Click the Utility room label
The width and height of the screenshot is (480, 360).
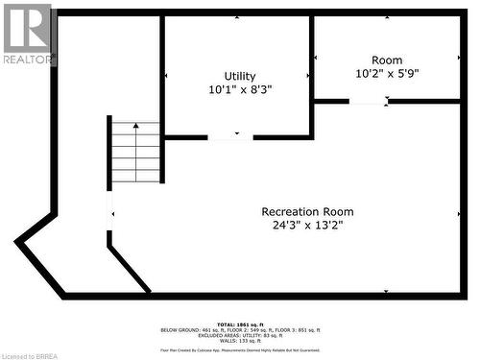coord(240,76)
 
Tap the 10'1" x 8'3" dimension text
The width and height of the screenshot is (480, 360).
coord(240,89)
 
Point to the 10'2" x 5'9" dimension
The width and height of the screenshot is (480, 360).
coord(387,73)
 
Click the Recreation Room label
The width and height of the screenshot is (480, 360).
coord(307,211)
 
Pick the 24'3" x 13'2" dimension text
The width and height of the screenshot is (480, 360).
coord(307,226)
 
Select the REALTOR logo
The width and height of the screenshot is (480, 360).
coord(27,35)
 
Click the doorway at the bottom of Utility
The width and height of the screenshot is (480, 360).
coord(230,137)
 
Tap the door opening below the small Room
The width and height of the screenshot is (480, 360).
coord(369,101)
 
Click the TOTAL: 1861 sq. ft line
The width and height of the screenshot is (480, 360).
coord(240,324)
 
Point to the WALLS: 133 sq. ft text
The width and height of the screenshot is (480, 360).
coord(240,341)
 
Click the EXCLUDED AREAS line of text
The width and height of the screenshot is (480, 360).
coord(240,335)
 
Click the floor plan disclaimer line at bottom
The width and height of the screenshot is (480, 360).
coord(240,350)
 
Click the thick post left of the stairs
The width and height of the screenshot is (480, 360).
coord(109,152)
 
